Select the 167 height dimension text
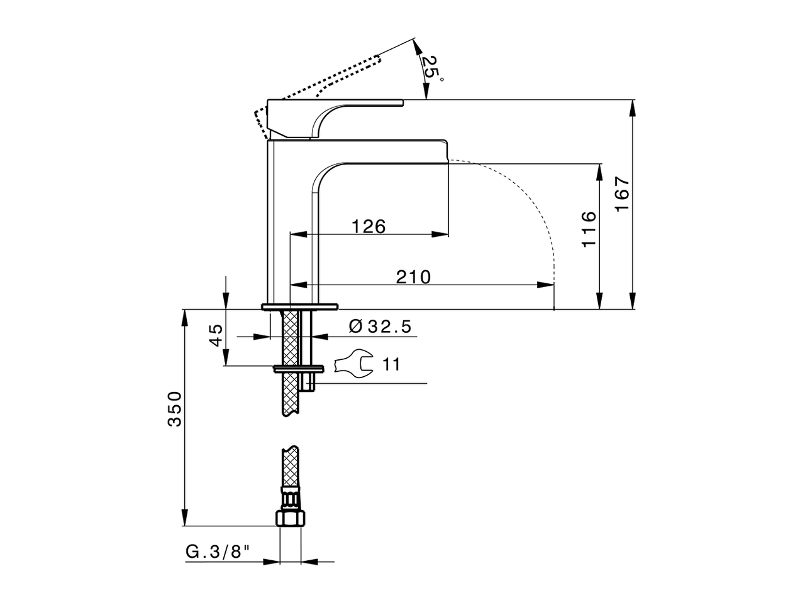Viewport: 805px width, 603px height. point(622,193)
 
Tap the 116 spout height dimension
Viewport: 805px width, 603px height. point(589,229)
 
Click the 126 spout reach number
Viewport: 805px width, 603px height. point(368,226)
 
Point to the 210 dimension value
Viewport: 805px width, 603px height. point(413,276)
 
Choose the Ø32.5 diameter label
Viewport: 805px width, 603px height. point(379,327)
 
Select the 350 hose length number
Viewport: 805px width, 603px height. point(174,409)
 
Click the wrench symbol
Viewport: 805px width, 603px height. point(353,364)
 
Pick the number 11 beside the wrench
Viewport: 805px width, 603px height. point(391,364)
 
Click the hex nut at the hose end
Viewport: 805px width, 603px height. point(290,518)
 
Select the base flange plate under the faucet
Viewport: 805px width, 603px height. point(299,307)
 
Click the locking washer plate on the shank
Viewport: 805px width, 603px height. point(298,368)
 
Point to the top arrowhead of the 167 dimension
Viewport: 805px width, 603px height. point(633,106)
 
